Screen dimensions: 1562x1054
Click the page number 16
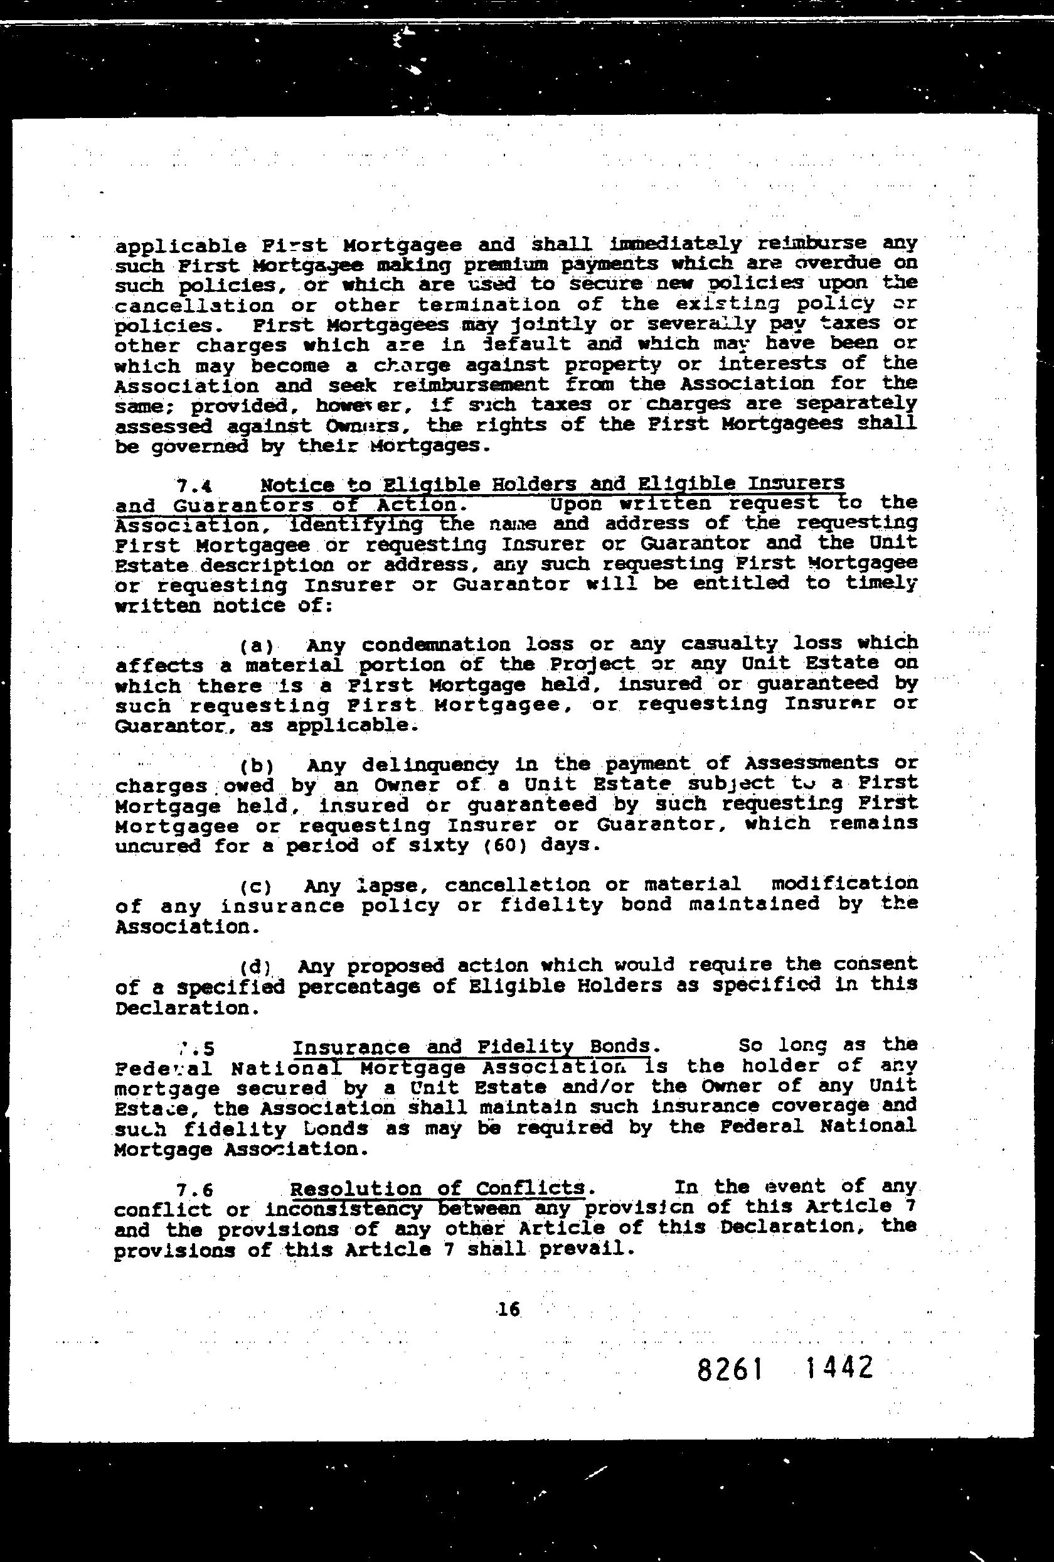pyautogui.click(x=509, y=1309)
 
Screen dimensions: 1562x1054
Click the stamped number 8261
pyautogui.click(x=730, y=1369)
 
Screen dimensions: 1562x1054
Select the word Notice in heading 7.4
pyautogui.click(x=296, y=485)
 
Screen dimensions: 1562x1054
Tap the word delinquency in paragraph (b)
pyautogui.click(x=430, y=765)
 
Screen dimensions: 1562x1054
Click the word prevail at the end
pyautogui.click(x=595, y=1249)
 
